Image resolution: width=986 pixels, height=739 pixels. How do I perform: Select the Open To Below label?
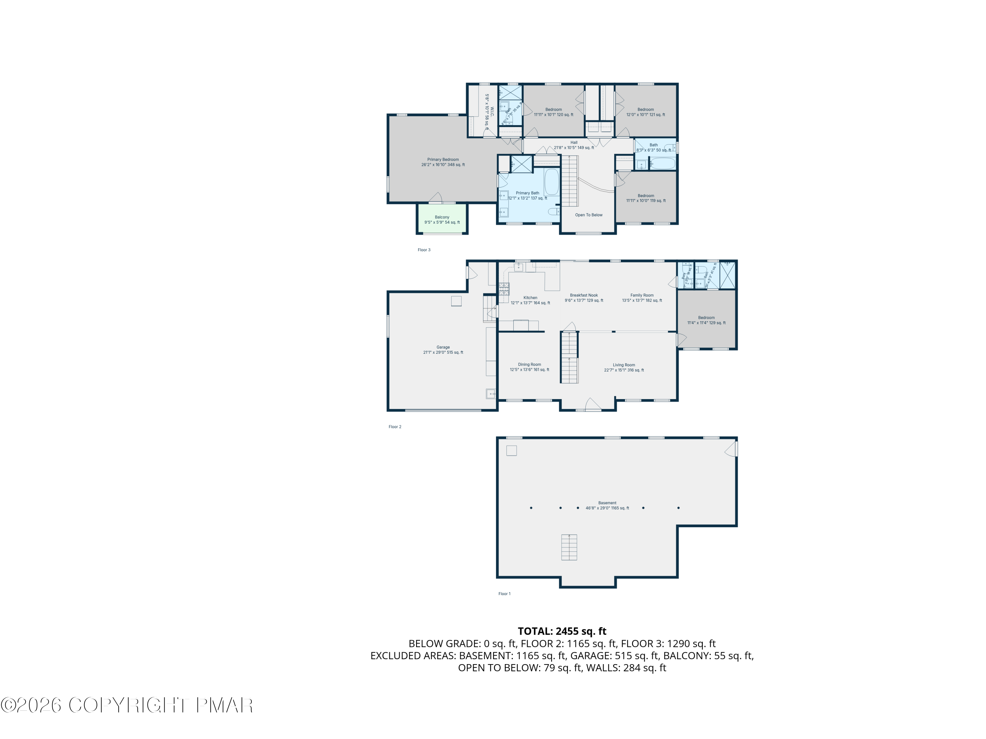pos(588,215)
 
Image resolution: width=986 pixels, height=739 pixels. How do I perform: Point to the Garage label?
pos(443,350)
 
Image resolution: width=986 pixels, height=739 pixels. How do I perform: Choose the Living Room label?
pos(623,368)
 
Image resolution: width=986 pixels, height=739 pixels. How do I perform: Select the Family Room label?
pos(642,298)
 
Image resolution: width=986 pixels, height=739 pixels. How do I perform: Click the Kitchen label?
pos(530,300)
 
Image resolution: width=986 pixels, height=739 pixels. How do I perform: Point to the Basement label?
pos(607,505)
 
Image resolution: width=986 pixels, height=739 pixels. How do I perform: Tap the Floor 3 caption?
pos(424,250)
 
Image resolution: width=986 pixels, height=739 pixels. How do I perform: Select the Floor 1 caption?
pos(504,594)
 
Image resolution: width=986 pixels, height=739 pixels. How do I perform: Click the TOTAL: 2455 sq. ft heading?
pos(562,631)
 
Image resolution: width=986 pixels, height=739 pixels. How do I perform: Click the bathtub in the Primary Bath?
pos(552,182)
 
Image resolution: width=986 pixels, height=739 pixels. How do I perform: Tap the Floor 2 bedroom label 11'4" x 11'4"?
pos(706,320)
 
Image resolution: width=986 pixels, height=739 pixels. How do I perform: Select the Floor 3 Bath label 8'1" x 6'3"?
pos(653,147)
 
